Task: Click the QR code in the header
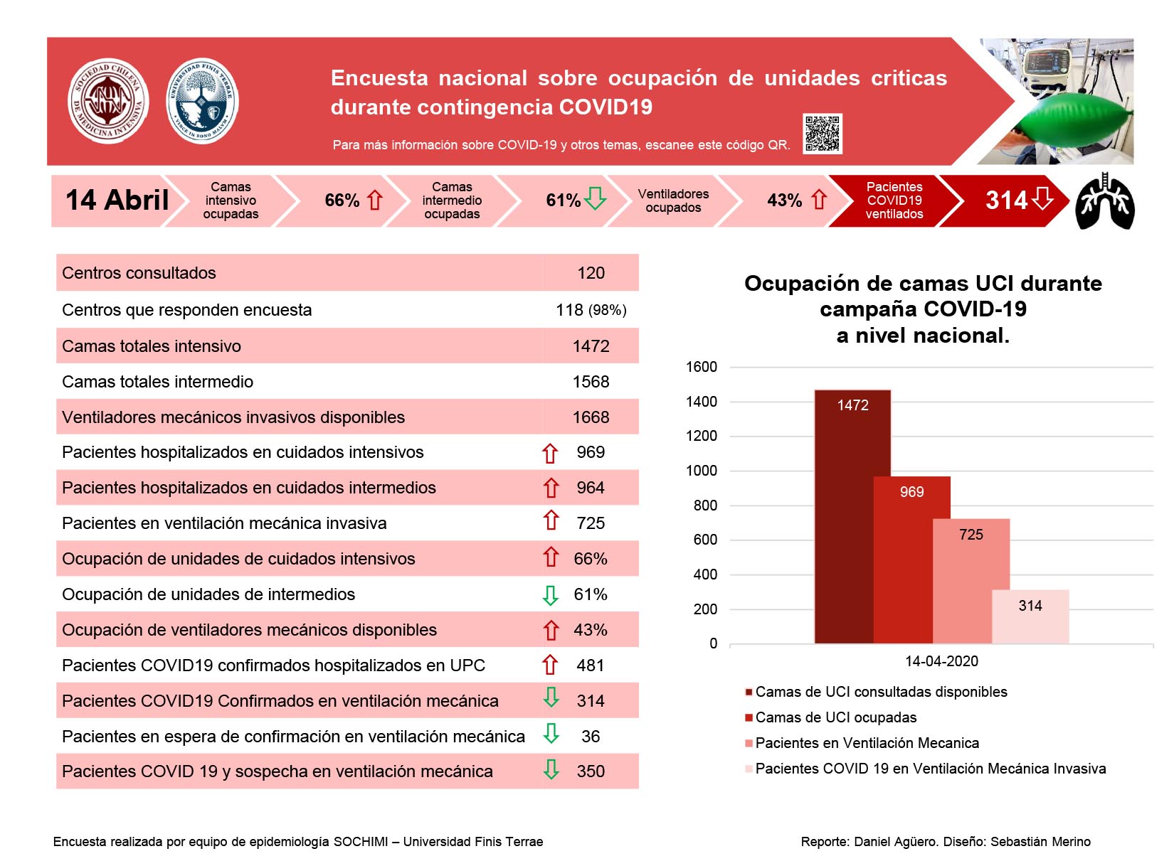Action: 822,133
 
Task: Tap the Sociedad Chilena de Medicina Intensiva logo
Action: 108,100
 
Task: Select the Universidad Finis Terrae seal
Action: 201,100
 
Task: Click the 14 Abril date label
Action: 117,200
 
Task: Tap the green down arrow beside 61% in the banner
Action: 594,198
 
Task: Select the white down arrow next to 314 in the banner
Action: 1042,198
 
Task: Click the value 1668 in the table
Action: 591,417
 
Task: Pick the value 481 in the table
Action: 590,665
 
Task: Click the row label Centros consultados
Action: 139,273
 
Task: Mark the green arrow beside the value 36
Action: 551,734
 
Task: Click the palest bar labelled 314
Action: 1030,616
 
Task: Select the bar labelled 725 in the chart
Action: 971,581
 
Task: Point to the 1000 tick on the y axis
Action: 701,471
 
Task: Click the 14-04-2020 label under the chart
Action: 941,661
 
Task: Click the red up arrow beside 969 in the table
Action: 550,454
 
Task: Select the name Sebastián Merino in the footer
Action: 1040,842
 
